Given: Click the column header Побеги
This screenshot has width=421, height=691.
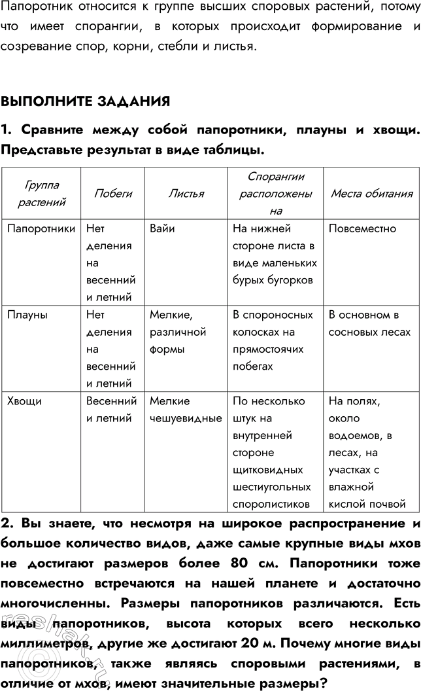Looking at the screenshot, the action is tap(113, 193).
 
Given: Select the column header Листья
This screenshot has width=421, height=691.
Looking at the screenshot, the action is tap(186, 193).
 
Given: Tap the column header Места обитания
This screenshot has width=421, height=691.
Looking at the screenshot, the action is tap(371, 193).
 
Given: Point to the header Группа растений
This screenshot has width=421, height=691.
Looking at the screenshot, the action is tap(42, 193).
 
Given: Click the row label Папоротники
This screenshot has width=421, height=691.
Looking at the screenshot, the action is tap(41, 229).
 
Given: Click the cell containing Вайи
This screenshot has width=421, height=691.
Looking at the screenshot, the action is tap(161, 229).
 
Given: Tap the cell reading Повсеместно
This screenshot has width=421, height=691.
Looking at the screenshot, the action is tap(362, 229).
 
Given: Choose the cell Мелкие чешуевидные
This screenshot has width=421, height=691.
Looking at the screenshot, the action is tap(186, 410).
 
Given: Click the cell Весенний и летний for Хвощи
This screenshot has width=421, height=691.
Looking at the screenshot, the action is tap(111, 410).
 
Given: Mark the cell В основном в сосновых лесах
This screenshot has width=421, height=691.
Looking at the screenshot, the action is tap(369, 323).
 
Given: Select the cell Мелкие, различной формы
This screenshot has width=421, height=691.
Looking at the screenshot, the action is tap(177, 332).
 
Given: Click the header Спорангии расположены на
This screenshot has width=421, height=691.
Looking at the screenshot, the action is tap(275, 194).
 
